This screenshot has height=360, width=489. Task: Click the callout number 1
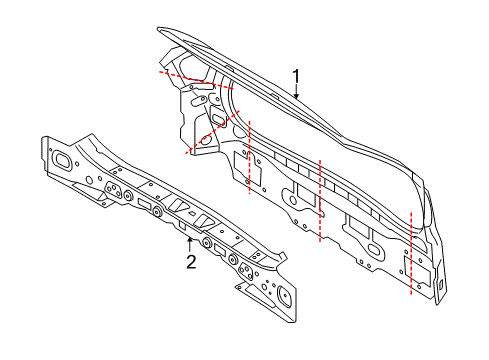(x=296, y=77)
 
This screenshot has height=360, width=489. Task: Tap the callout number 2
(x=191, y=262)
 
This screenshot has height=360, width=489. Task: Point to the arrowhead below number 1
(x=296, y=96)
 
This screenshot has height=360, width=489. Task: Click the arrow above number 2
(x=190, y=244)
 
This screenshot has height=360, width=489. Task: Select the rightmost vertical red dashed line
(x=411, y=253)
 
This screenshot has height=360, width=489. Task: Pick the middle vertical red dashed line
(x=320, y=201)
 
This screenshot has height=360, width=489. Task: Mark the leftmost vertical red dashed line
(x=250, y=157)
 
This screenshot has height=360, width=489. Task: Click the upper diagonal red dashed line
(x=196, y=80)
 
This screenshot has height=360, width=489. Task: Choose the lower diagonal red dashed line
(x=212, y=132)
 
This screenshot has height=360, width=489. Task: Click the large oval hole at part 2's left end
(x=62, y=160)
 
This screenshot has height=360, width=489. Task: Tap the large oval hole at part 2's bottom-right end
(x=284, y=296)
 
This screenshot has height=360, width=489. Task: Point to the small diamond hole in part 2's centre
(x=192, y=213)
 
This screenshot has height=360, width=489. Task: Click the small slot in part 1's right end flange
(x=440, y=285)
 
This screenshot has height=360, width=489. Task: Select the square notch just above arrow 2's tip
(x=182, y=225)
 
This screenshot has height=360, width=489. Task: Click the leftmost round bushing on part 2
(x=127, y=195)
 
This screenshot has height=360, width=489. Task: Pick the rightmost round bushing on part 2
(x=232, y=259)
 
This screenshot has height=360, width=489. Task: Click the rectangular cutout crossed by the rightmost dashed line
(x=417, y=271)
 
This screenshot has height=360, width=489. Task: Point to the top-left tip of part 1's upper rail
(x=158, y=29)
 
